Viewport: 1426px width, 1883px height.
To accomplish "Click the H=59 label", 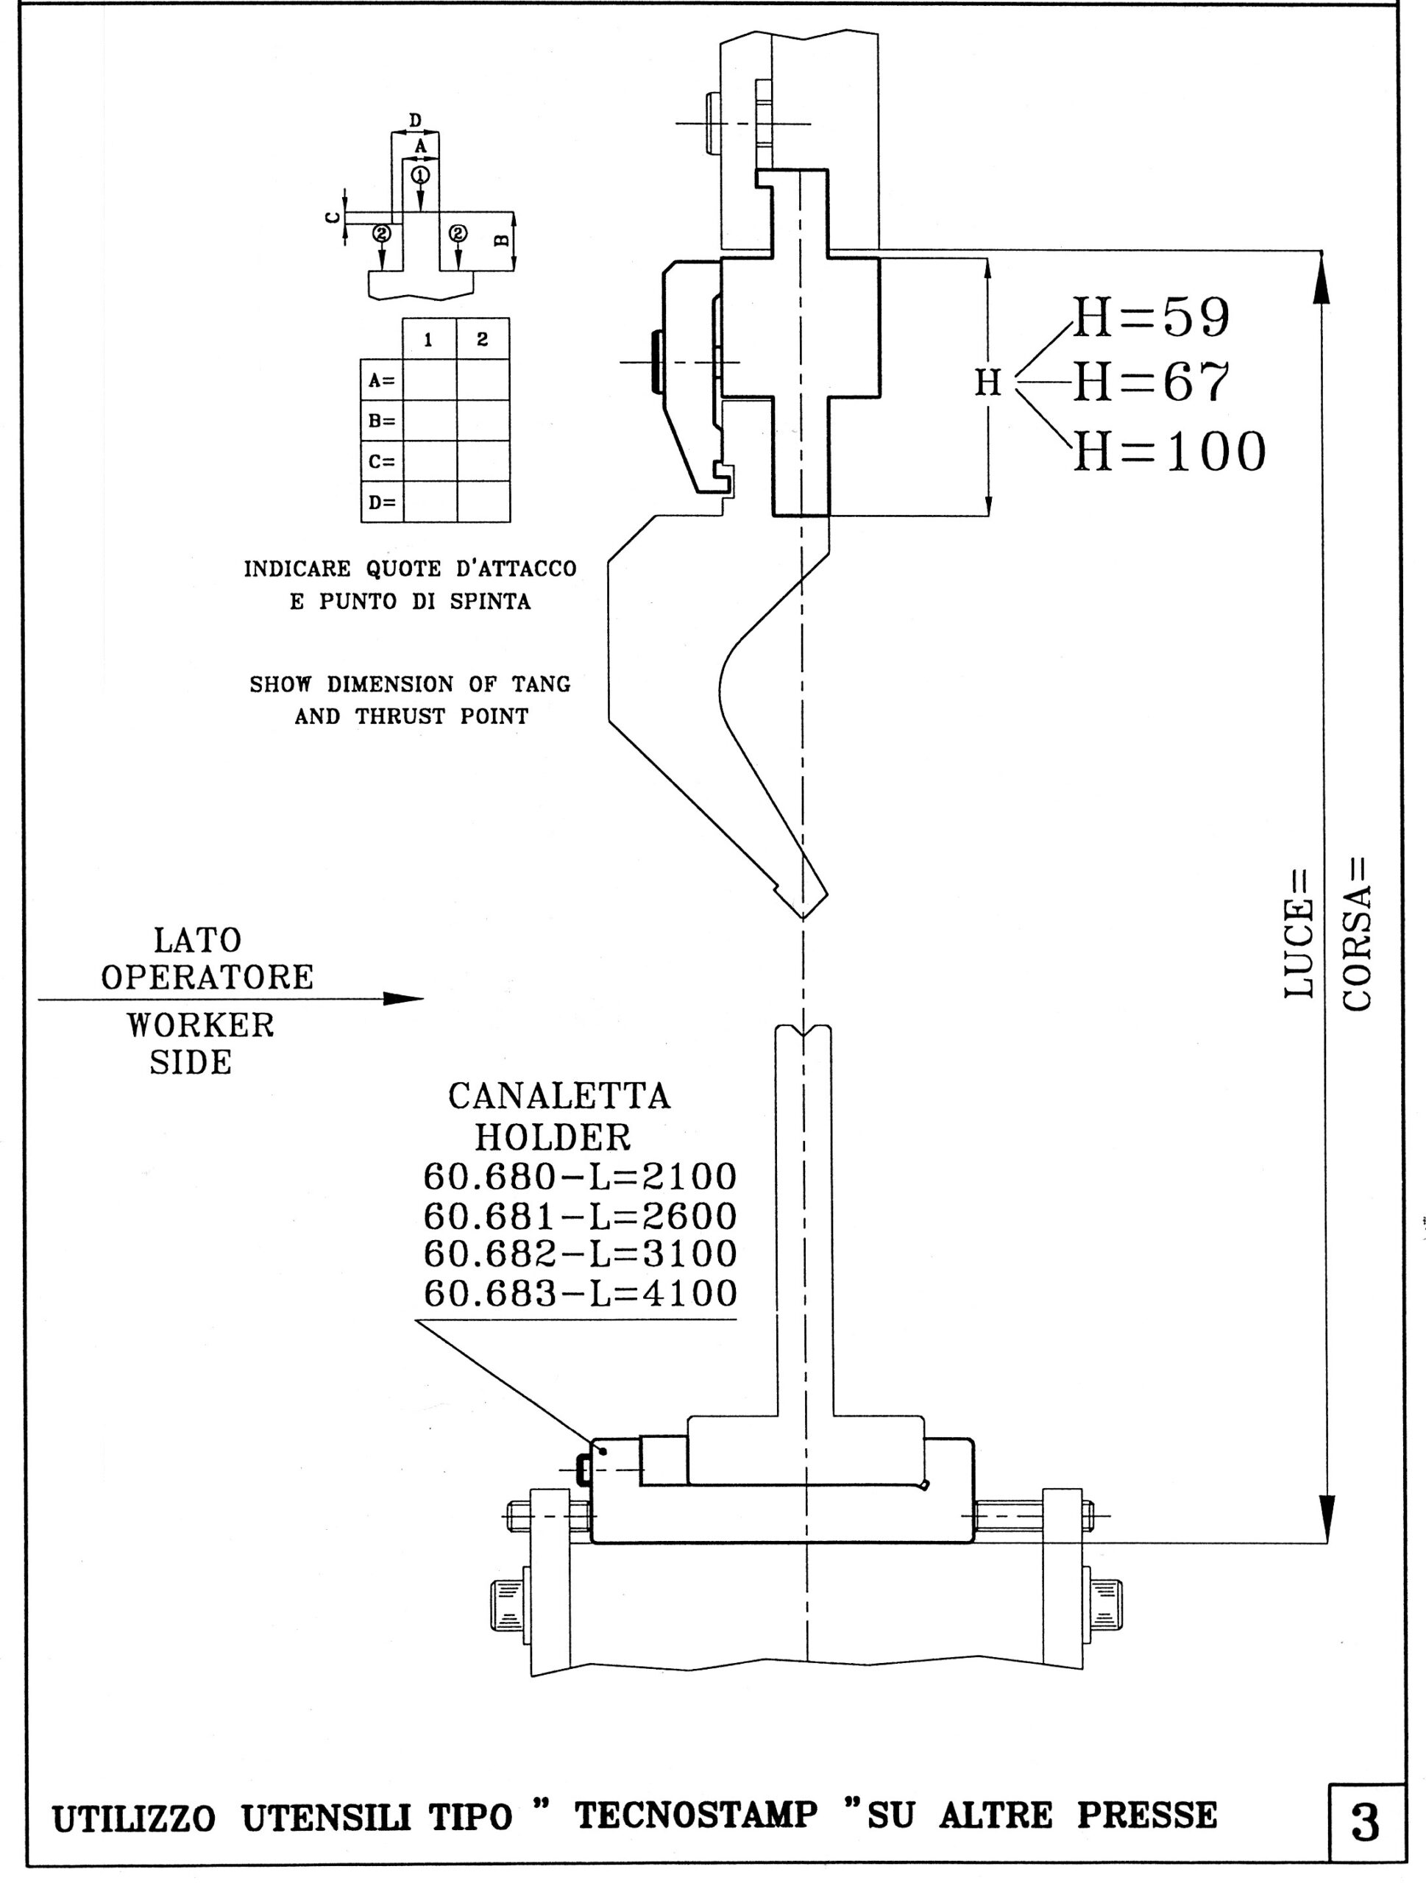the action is pyautogui.click(x=1151, y=318).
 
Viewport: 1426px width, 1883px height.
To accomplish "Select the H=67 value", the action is pyautogui.click(x=1151, y=382).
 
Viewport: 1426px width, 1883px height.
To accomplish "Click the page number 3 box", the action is pyautogui.click(x=1366, y=1824).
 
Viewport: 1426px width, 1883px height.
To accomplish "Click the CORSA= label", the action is pyautogui.click(x=1357, y=932).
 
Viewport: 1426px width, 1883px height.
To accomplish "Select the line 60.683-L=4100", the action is pyautogui.click(x=580, y=1293).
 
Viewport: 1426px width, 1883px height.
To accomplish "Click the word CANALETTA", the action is pyautogui.click(x=559, y=1097).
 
